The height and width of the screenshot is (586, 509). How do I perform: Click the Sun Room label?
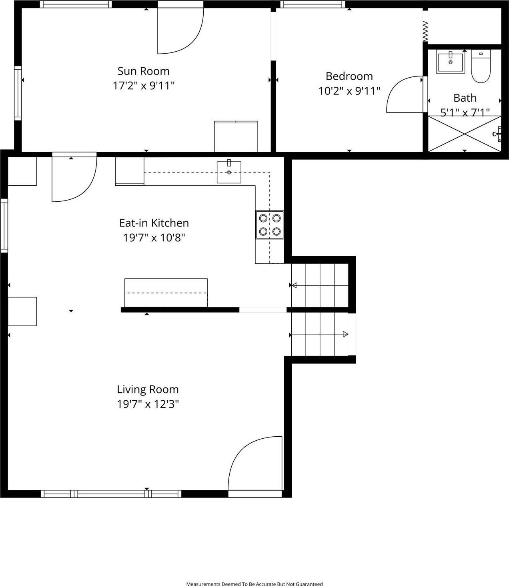click(x=143, y=71)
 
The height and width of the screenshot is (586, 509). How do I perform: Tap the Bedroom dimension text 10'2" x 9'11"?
click(x=349, y=91)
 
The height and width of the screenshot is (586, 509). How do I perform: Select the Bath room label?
click(x=465, y=98)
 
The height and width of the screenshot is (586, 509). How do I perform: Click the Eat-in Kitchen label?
click(x=154, y=223)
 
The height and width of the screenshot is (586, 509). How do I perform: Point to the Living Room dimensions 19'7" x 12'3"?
click(x=148, y=404)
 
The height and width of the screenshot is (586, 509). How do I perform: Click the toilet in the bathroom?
click(x=481, y=67)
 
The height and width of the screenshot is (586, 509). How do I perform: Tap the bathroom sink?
click(x=450, y=62)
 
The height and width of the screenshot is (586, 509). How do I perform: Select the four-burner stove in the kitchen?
click(x=270, y=225)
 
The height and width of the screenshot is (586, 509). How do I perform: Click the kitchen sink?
click(x=229, y=172)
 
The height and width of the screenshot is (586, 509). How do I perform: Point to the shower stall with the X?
click(x=464, y=134)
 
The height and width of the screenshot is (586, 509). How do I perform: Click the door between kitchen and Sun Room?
click(x=74, y=178)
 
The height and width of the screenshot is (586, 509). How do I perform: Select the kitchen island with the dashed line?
click(x=166, y=293)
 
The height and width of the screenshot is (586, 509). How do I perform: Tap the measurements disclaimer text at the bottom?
click(x=254, y=584)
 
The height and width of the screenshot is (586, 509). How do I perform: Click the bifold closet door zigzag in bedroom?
click(x=425, y=31)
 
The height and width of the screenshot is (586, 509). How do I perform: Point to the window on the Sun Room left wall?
click(x=18, y=93)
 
